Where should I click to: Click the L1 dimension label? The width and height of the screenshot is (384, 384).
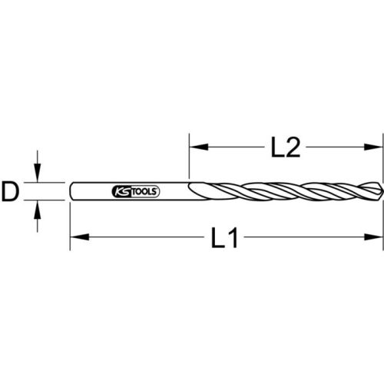tap(223, 240)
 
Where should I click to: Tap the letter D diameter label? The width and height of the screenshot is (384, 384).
tap(10, 191)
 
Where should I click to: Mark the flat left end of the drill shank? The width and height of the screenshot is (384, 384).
tap(70, 191)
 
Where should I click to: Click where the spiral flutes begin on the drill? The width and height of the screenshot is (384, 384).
tap(192, 190)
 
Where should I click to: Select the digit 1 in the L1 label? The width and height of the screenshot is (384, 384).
tap(233, 240)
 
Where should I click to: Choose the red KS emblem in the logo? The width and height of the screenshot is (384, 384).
tap(121, 191)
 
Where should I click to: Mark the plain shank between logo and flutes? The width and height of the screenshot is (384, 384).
tap(173, 191)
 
